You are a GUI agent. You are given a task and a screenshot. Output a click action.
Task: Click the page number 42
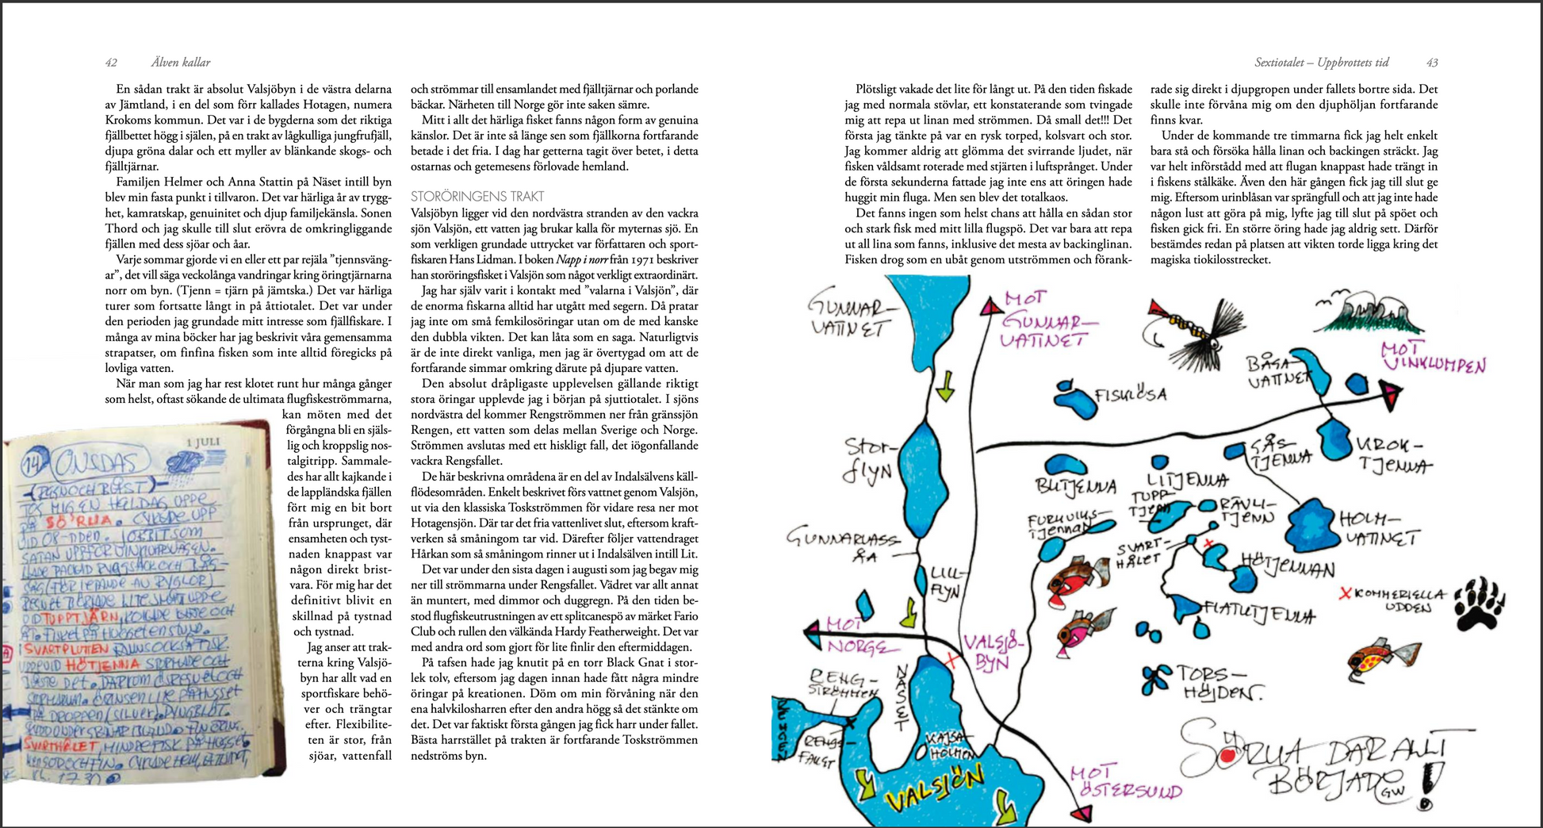pyautogui.click(x=111, y=63)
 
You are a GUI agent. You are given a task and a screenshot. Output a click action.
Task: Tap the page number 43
pyautogui.click(x=1432, y=63)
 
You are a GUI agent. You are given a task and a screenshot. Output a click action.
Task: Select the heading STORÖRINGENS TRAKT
pyautogui.click(x=477, y=196)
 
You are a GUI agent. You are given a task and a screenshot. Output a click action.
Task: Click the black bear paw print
pyautogui.click(x=1480, y=603)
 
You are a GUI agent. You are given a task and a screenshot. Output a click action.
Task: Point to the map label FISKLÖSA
pyautogui.click(x=1130, y=395)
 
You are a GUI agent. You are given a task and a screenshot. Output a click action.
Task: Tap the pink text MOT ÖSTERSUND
pyautogui.click(x=1125, y=782)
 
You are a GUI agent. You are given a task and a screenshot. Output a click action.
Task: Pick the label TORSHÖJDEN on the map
pyautogui.click(x=1217, y=681)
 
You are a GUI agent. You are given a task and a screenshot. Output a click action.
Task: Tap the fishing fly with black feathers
pyautogui.click(x=1197, y=332)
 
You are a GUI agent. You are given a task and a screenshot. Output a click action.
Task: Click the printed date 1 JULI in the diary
pyautogui.click(x=202, y=442)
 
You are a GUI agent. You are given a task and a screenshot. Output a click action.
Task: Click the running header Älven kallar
pyautogui.click(x=181, y=63)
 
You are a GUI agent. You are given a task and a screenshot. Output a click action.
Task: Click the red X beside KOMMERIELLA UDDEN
pyautogui.click(x=1345, y=593)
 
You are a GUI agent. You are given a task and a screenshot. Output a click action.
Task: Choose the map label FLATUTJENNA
pyautogui.click(x=1258, y=611)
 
